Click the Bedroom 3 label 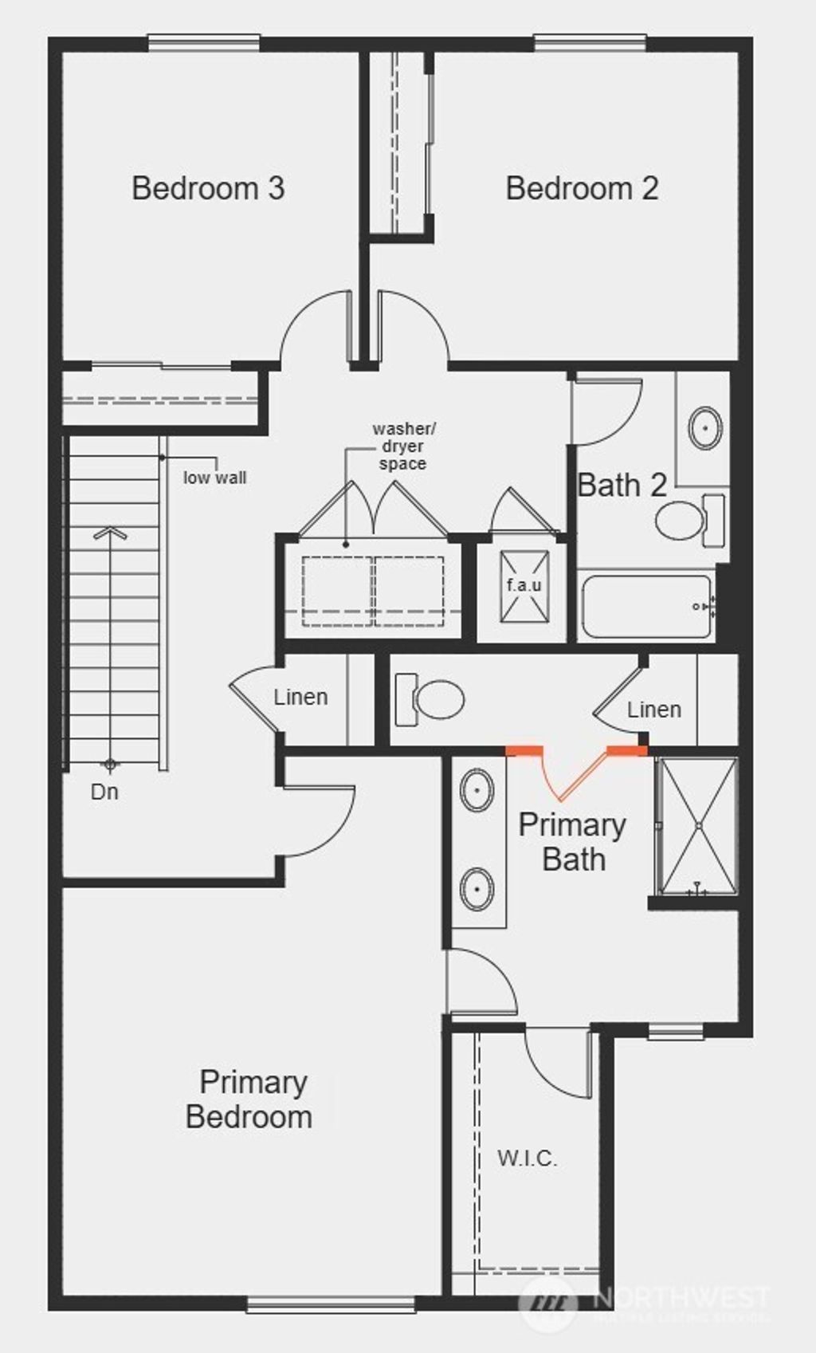click(x=208, y=188)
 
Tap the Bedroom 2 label click(x=582, y=188)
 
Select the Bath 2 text click(x=622, y=485)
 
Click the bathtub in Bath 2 click(x=645, y=607)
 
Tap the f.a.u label click(x=524, y=585)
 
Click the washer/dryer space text click(x=404, y=446)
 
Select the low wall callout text click(x=214, y=478)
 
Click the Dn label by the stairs click(x=104, y=792)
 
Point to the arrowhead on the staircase click(x=110, y=533)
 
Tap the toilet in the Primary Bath click(x=434, y=699)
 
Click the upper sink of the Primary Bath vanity click(x=477, y=790)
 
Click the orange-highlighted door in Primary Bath click(x=575, y=772)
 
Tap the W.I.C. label click(x=528, y=1158)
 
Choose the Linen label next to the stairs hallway click(x=300, y=697)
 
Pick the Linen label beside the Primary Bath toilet click(x=653, y=709)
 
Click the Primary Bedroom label click(x=249, y=1099)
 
